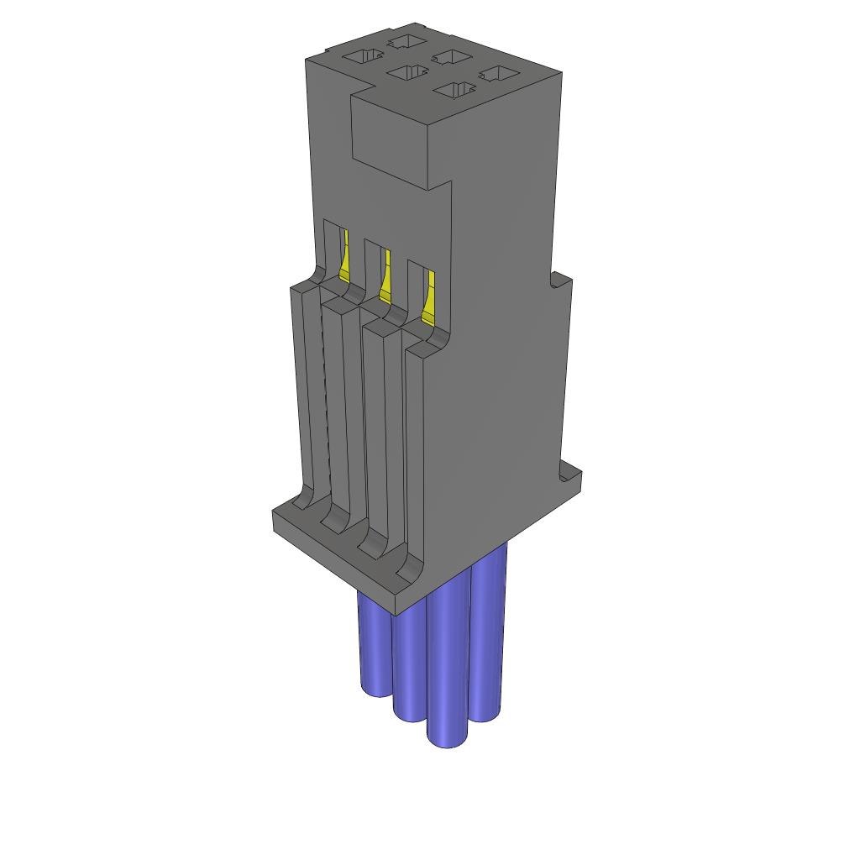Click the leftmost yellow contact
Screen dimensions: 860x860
click(343, 256)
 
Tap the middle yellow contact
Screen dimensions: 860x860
click(385, 278)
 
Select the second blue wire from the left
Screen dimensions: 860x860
click(409, 672)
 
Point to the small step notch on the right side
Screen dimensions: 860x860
click(557, 281)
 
